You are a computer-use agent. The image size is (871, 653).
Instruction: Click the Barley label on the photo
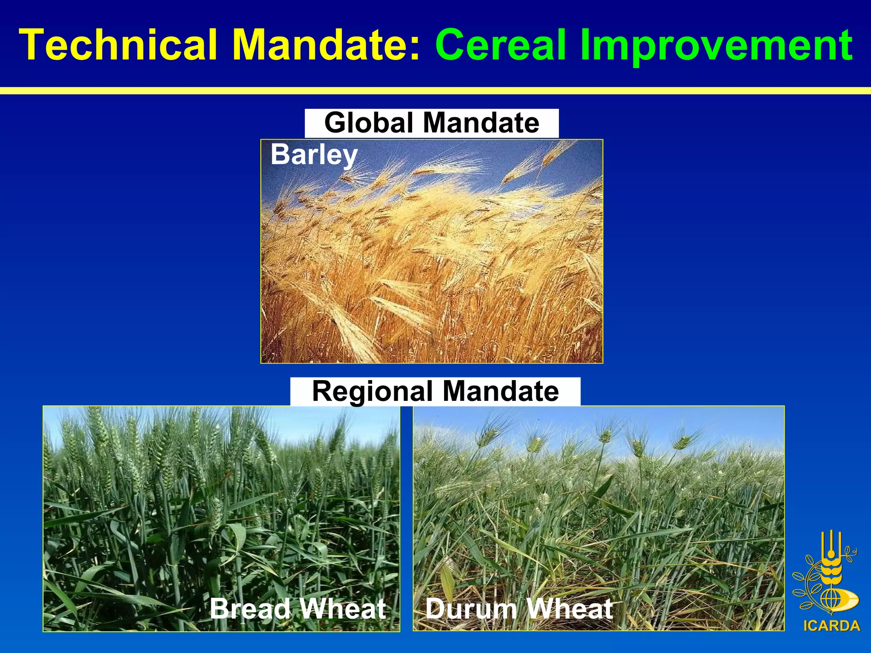314,155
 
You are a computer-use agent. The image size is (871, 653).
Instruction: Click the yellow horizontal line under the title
435,91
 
